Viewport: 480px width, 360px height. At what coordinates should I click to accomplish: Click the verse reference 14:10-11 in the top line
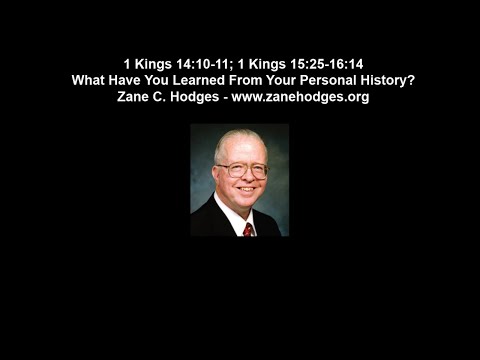click(203, 63)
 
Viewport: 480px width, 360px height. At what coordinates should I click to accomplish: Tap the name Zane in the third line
click(135, 97)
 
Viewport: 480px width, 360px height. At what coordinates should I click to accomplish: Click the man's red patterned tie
click(248, 228)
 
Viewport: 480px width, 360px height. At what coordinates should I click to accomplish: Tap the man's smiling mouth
click(244, 190)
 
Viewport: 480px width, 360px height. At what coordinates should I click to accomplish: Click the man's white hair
click(236, 140)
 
